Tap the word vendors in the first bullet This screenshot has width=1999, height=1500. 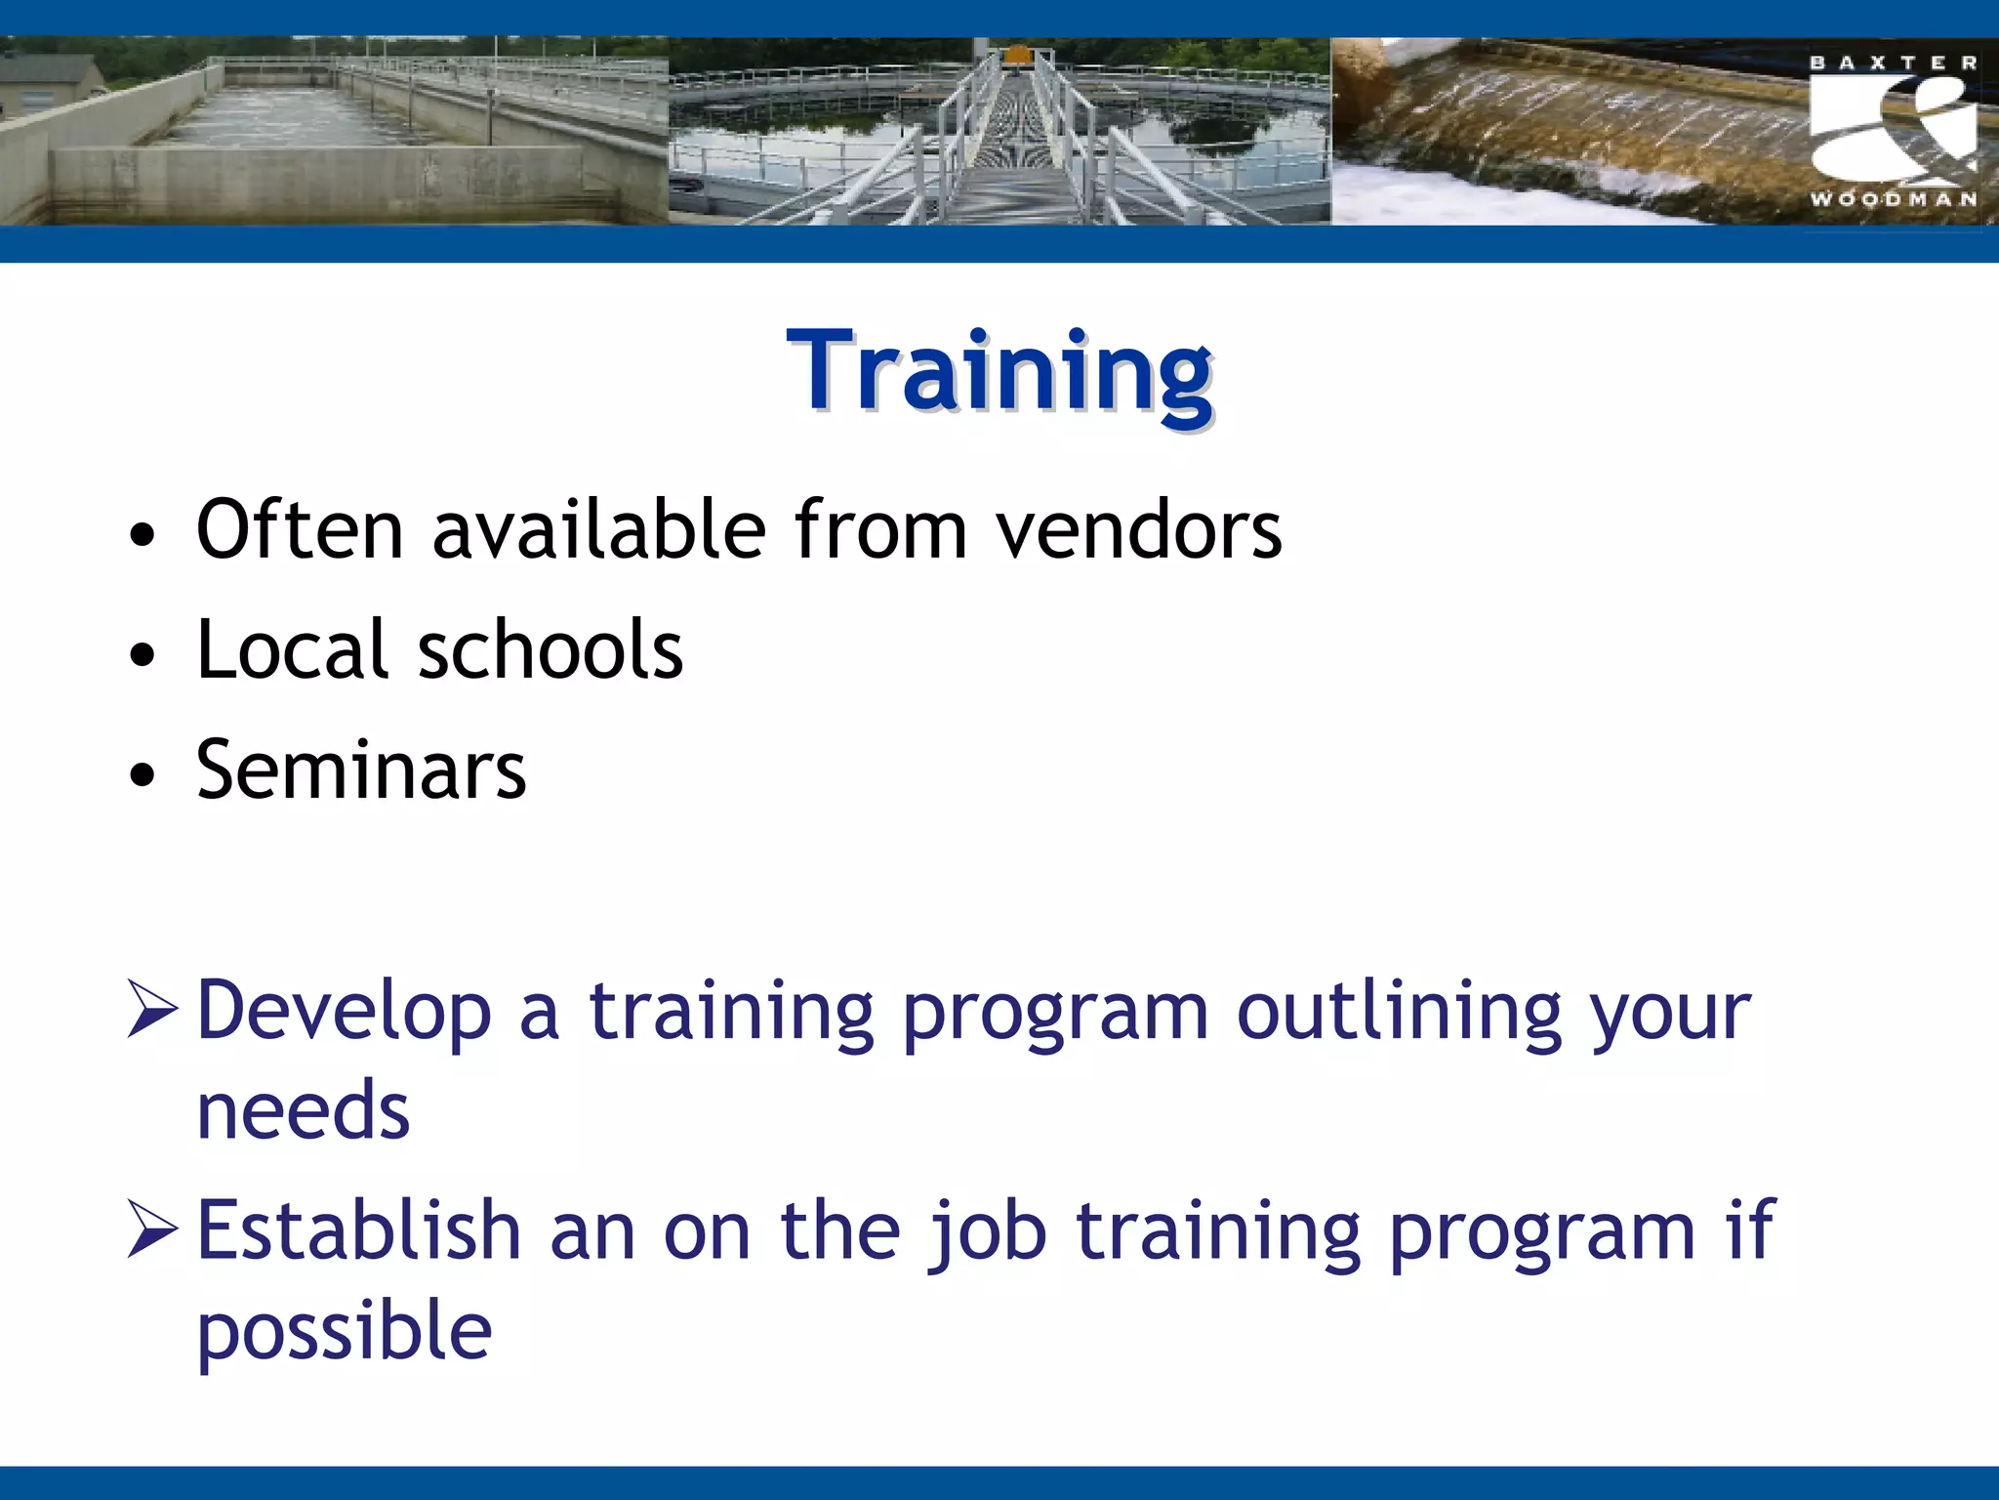pos(1138,530)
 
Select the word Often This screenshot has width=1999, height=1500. pos(300,530)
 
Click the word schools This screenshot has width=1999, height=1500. pos(551,650)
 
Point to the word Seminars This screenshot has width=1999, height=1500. pos(361,771)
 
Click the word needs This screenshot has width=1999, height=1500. pos(303,1111)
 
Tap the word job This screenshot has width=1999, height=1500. pos(987,1232)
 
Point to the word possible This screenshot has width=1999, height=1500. pos(344,1332)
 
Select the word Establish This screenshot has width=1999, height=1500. pos(358,1230)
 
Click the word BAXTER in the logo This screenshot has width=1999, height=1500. pos(1894,63)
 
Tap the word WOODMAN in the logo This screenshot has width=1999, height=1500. pos(1894,199)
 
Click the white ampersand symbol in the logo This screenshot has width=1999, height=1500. pos(1894,132)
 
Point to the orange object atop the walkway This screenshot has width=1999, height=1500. pos(1017,54)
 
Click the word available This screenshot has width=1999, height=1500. pos(598,530)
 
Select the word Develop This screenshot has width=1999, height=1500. pos(344,1012)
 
